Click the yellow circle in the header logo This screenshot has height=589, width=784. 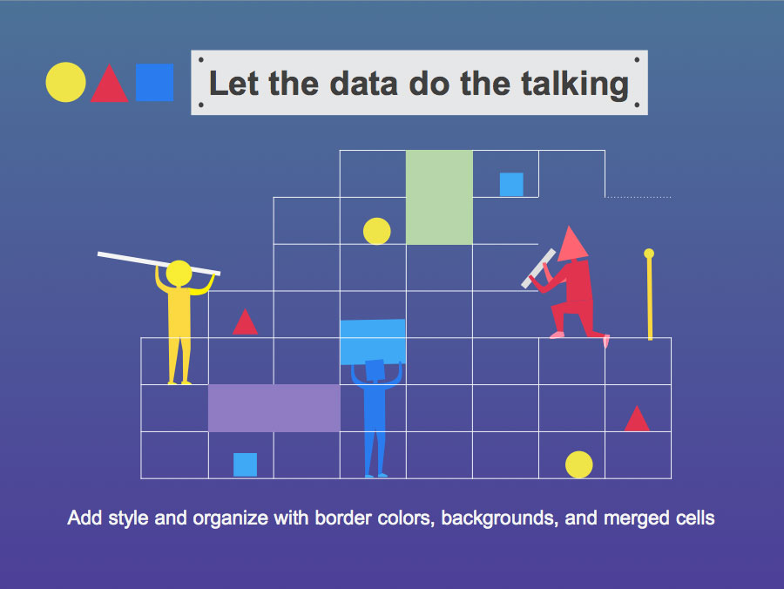coord(65,83)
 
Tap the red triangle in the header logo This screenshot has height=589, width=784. coord(109,85)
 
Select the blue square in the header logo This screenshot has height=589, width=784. coord(154,83)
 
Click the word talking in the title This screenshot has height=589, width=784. coord(575,84)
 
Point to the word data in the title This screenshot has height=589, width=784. coord(363,83)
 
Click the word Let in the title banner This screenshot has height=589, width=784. coord(233,83)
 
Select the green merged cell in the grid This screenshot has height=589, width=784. coord(439,197)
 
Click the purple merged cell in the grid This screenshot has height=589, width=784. coord(274,408)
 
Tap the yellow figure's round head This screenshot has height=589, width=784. coord(179,274)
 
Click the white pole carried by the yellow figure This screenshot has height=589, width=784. coord(159,263)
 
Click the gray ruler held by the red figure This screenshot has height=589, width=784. coord(538,268)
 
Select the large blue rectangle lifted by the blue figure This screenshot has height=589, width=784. coord(373,342)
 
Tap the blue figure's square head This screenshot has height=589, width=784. coord(375,370)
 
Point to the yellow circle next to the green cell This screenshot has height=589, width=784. coord(376,231)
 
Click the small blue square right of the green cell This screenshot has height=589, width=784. coord(511,185)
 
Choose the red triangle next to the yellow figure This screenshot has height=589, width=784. coord(245,323)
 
